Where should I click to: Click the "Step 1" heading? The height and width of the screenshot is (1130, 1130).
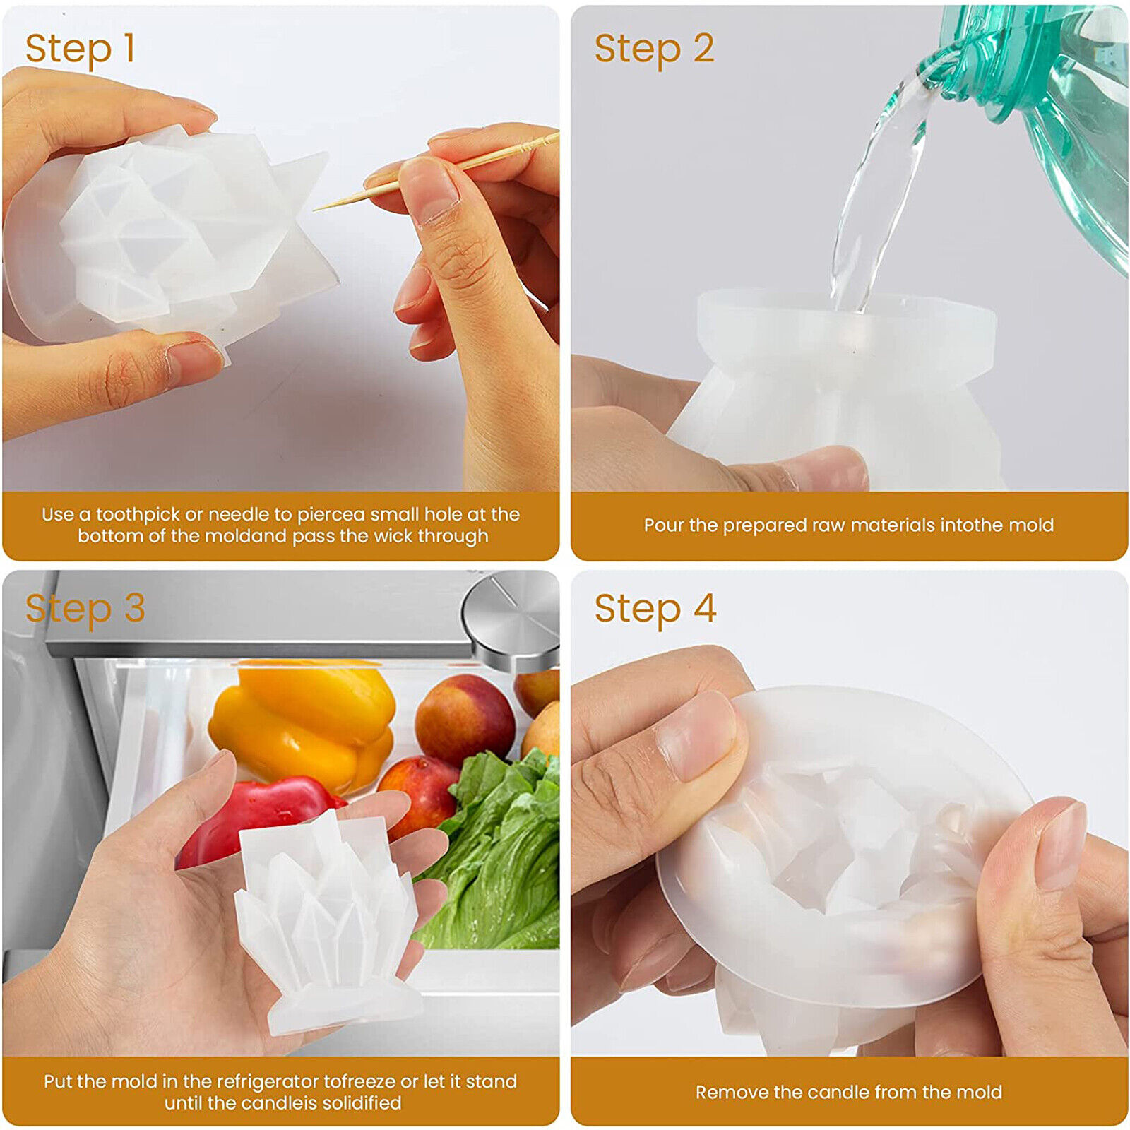click(x=80, y=49)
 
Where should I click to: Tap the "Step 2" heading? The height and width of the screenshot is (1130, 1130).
click(x=654, y=49)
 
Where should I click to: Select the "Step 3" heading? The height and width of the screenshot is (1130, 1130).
click(x=85, y=609)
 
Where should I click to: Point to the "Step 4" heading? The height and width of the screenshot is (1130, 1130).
click(x=655, y=609)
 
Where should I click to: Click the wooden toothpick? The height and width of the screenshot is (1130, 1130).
click(x=436, y=172)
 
